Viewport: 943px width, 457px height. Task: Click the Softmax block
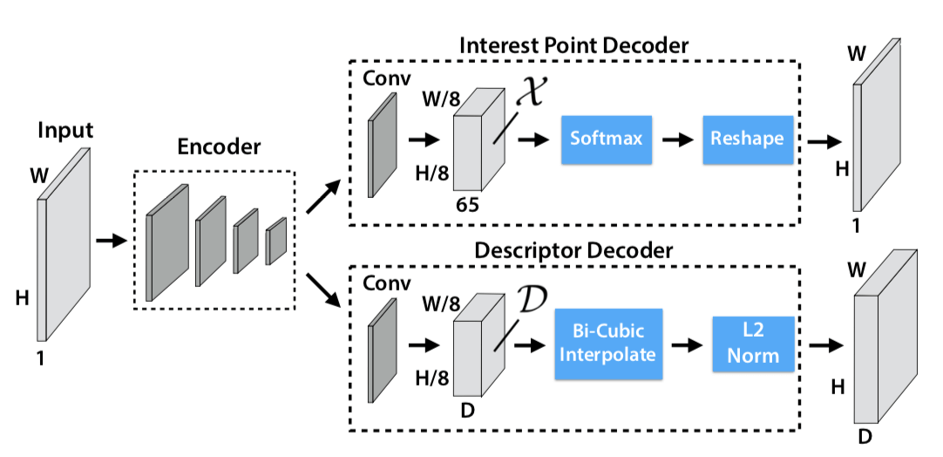(607, 139)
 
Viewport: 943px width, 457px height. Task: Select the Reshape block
(747, 139)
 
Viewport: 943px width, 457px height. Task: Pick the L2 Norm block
(753, 344)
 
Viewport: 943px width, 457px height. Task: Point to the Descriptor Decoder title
(573, 250)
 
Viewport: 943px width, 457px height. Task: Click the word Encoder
(219, 147)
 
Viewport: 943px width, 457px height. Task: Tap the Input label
(65, 132)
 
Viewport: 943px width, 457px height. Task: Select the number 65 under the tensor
(469, 205)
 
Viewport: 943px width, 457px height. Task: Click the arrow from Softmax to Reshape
(677, 139)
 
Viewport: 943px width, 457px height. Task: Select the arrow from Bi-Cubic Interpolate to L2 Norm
(686, 344)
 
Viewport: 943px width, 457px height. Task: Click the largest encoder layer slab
(166, 242)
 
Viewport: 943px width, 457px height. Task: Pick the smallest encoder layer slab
(276, 240)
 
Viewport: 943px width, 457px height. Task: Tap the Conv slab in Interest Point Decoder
(383, 144)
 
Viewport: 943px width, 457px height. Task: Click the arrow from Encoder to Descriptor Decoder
(321, 290)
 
